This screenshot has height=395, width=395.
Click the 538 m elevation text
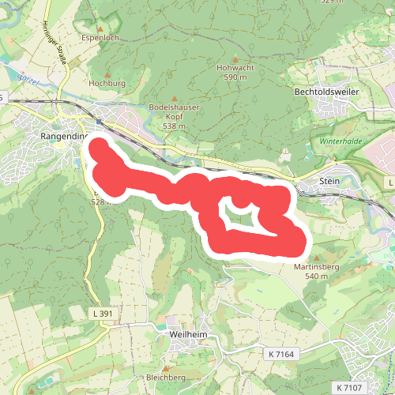[174, 126]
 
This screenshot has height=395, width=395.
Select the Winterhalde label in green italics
[340, 141]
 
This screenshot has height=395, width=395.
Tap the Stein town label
[329, 182]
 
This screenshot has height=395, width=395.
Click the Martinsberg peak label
[316, 267]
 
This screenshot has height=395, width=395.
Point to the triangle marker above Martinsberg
[317, 258]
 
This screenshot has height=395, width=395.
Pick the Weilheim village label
[188, 334]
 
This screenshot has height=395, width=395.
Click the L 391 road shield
[101, 314]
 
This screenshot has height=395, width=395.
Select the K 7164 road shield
[280, 353]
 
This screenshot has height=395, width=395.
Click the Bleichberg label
[164, 378]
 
